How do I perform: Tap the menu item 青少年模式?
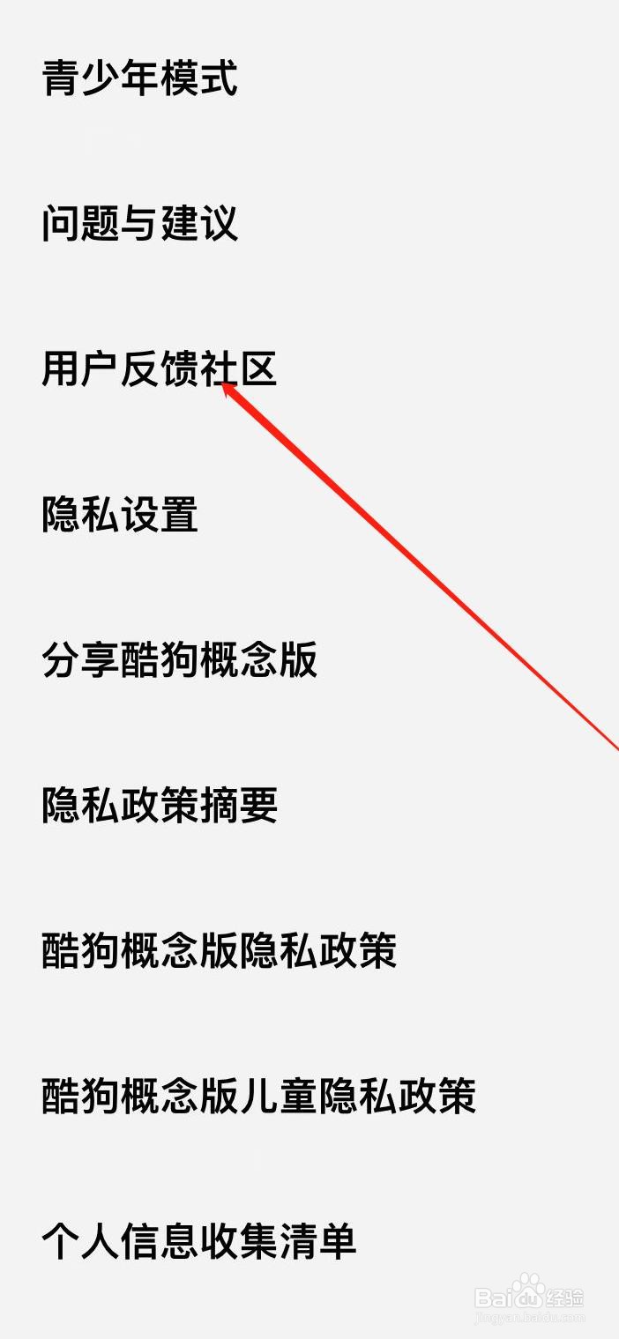(139, 78)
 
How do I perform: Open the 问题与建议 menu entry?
(139, 223)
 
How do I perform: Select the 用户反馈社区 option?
(159, 368)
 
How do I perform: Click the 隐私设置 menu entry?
(120, 514)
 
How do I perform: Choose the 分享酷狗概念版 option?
(179, 659)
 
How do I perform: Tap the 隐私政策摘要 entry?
(159, 805)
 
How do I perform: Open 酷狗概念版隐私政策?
(219, 950)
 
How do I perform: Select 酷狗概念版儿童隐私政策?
(258, 1096)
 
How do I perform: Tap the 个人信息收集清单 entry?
(198, 1241)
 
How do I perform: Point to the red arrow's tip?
(224, 384)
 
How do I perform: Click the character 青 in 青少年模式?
(61, 78)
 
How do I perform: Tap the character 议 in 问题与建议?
(219, 223)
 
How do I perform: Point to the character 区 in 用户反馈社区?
(258, 368)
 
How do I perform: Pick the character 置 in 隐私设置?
(179, 514)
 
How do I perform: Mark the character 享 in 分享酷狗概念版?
(101, 659)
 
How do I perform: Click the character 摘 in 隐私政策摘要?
(219, 805)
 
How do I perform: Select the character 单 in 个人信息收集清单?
(337, 1241)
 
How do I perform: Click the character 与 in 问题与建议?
(139, 223)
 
